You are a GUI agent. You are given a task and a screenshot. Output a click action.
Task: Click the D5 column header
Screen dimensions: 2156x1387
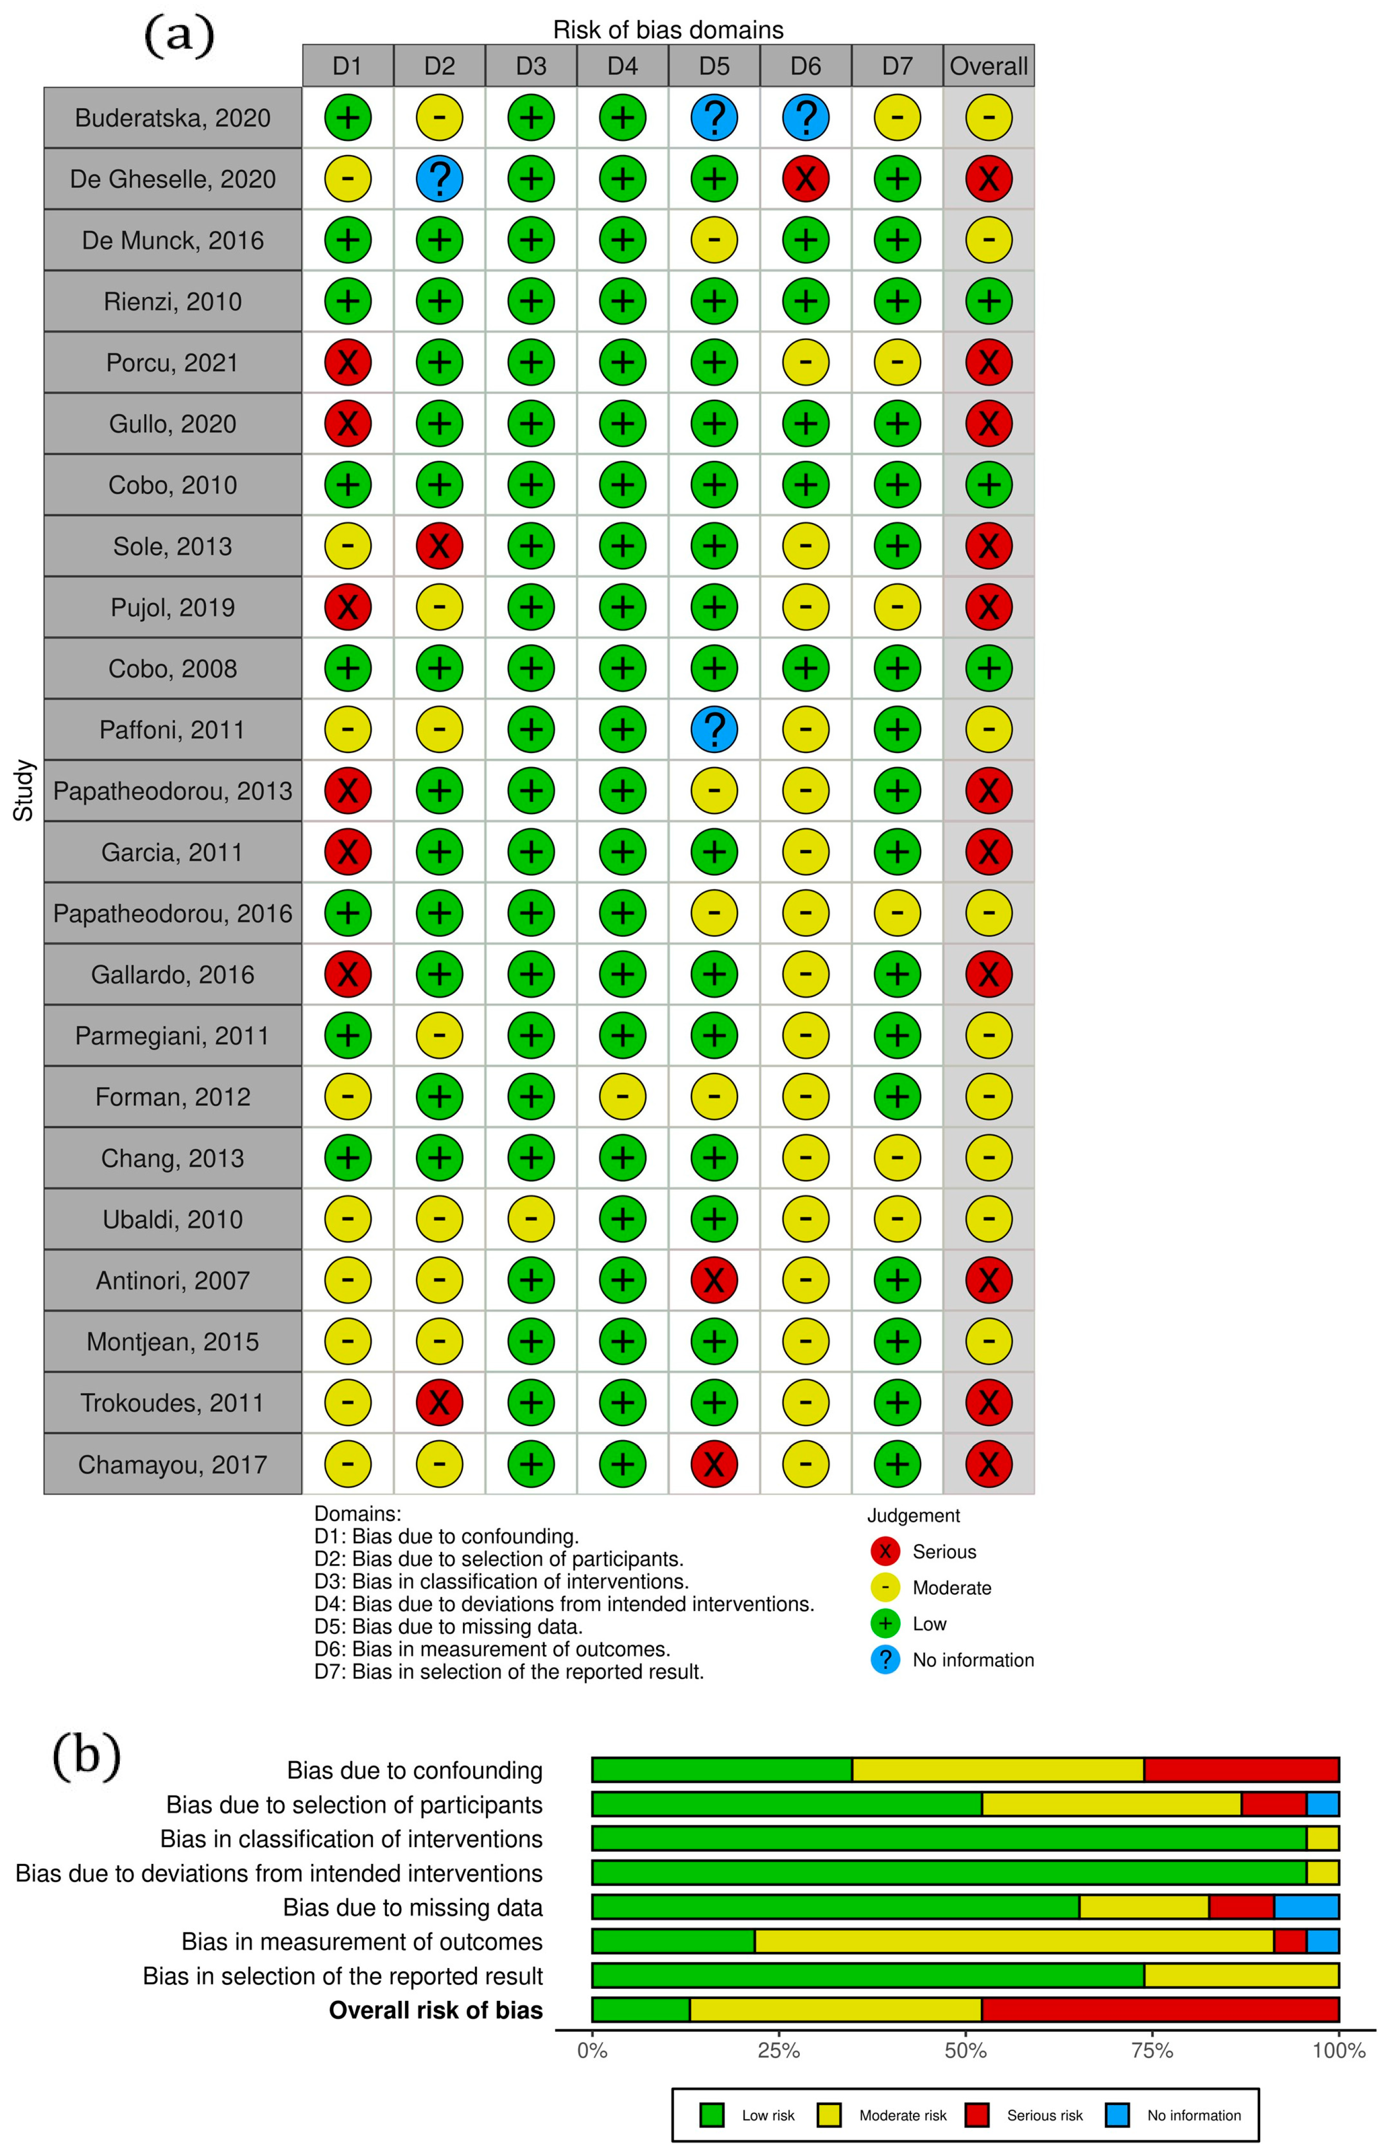click(x=714, y=66)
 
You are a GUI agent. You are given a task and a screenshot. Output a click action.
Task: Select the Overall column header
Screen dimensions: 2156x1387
click(x=988, y=66)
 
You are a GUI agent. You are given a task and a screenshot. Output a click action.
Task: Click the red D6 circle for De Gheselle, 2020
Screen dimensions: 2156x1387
click(x=805, y=178)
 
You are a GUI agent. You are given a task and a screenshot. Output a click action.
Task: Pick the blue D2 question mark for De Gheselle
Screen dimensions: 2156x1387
click(x=439, y=178)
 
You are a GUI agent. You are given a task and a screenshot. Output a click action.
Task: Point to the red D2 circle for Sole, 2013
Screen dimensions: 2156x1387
click(x=439, y=546)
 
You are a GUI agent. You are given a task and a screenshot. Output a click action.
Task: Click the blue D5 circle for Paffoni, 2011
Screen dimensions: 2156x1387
click(x=714, y=729)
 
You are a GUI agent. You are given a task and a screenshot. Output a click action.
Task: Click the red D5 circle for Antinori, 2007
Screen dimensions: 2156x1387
click(x=714, y=1280)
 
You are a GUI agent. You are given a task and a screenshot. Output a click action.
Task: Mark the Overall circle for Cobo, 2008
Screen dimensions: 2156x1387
click(x=988, y=668)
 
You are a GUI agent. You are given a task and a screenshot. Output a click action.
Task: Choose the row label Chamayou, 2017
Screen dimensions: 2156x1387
click(x=172, y=1464)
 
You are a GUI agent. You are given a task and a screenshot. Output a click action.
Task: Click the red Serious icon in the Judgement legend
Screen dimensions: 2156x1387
click(x=886, y=1551)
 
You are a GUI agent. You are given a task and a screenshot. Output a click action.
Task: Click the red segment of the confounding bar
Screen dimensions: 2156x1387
click(x=1241, y=1770)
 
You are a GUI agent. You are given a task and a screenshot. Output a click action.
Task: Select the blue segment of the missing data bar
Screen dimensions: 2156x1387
click(x=1306, y=1906)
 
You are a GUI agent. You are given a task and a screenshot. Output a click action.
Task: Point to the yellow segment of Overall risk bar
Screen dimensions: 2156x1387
click(x=835, y=2009)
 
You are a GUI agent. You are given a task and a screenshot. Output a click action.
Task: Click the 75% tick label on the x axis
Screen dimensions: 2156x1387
click(x=1152, y=2051)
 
